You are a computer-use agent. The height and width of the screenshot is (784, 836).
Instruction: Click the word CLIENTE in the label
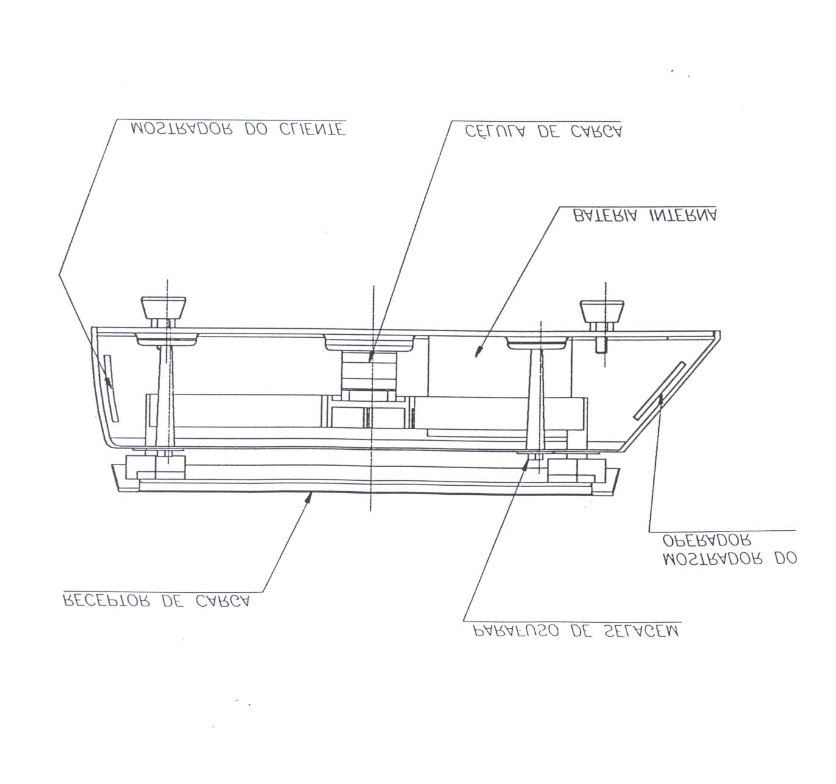point(312,129)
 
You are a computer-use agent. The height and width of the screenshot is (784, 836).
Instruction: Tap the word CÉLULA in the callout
point(494,131)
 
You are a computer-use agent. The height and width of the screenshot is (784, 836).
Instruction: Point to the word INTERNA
point(683,216)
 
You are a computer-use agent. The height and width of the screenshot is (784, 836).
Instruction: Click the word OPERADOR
point(707,540)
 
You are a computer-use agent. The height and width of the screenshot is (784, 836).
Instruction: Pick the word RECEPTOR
point(107,601)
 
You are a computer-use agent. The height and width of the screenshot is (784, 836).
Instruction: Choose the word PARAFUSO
point(516,631)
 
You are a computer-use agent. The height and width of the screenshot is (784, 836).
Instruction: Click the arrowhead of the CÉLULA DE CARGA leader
point(370,357)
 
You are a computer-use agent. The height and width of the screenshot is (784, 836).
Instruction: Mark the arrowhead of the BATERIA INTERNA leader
point(478,352)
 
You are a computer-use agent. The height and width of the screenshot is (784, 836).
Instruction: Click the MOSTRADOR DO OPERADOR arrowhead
point(661,399)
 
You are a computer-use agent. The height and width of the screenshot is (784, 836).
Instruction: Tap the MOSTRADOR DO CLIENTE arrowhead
point(110,382)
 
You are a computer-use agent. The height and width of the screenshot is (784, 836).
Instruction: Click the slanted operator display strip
point(659,391)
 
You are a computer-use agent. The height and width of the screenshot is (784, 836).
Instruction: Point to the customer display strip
point(111,388)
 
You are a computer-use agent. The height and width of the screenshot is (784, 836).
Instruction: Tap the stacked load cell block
point(369,371)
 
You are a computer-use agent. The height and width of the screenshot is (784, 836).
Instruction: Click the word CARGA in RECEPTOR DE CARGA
point(223,601)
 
